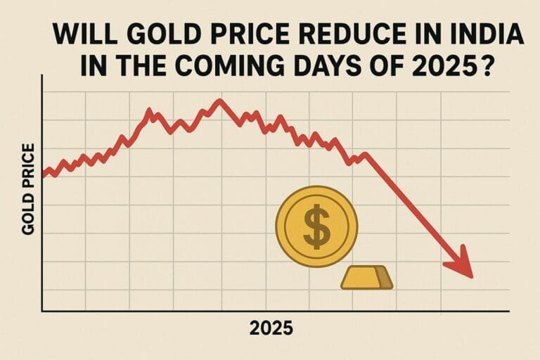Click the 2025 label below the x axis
[x=271, y=328]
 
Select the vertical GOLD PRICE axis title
[x=29, y=189]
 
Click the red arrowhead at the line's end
[x=461, y=263]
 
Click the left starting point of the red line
[x=44, y=175]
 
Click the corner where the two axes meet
[x=43, y=310]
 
